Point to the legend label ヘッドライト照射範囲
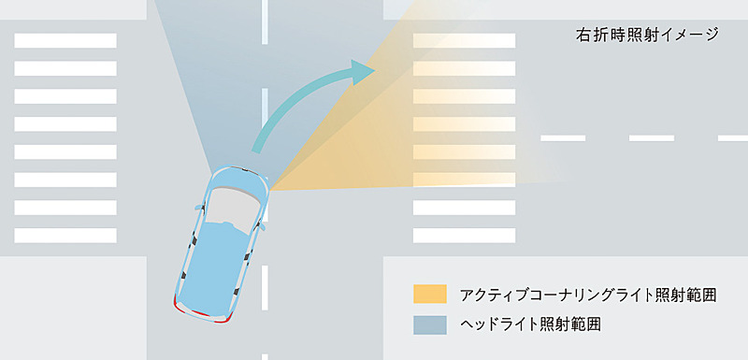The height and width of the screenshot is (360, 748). click(x=530, y=324)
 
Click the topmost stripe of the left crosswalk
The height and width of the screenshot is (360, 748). click(x=65, y=40)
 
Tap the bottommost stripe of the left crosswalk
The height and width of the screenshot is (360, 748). click(x=65, y=235)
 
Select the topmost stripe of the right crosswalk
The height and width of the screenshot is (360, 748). click(x=464, y=40)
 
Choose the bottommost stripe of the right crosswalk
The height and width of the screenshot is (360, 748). click(x=464, y=235)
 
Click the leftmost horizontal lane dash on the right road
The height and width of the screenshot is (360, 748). click(x=564, y=137)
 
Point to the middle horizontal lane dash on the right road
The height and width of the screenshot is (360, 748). click(x=652, y=137)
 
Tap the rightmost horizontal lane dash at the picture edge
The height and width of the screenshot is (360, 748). click(x=733, y=137)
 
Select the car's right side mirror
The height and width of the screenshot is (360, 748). click(x=264, y=226)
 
